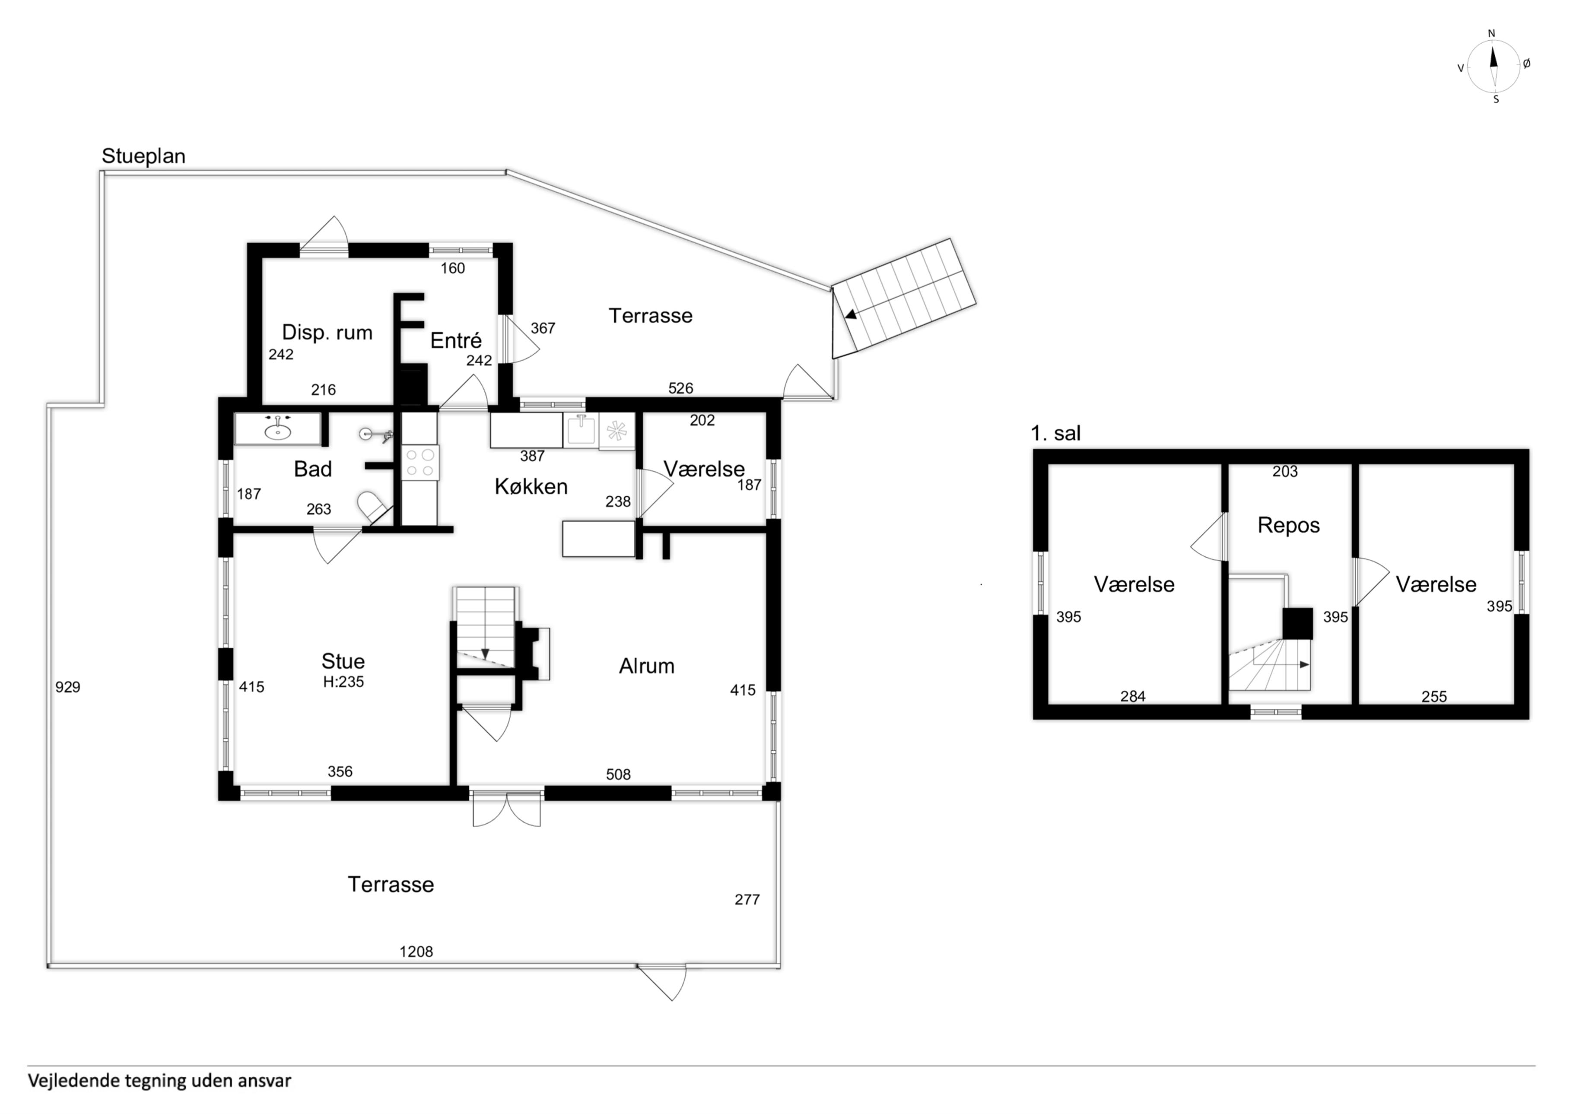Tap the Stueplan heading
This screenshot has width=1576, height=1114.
pos(143,156)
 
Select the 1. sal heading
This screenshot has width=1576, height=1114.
pos(1056,433)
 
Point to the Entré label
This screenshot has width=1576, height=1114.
pos(456,340)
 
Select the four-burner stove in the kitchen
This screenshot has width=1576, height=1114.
pos(420,462)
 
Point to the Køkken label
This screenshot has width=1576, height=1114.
pos(531,487)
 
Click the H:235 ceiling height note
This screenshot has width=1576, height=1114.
pos(343,682)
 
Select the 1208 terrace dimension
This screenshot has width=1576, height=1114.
pos(416,952)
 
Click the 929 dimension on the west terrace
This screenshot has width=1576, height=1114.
pos(68,687)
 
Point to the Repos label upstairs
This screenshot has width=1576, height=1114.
pos(1288,526)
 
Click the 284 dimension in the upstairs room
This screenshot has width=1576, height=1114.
pos(1133,697)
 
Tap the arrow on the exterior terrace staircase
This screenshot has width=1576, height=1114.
pos(851,315)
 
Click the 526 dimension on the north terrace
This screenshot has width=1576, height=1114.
pos(680,388)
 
